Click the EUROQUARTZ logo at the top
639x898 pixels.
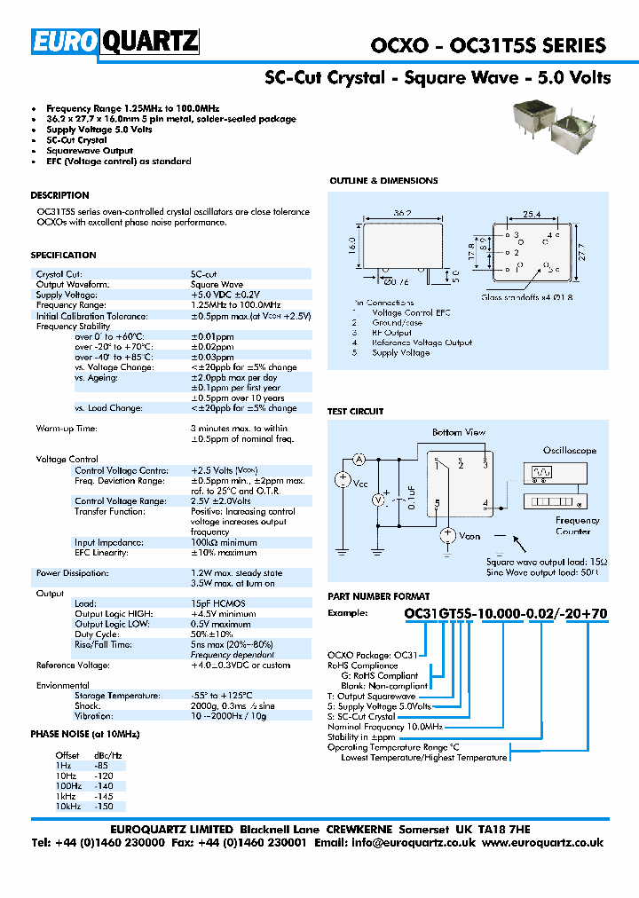point(114,43)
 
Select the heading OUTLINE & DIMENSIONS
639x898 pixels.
point(383,181)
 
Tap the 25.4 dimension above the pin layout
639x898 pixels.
point(531,215)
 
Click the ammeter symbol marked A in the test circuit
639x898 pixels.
point(359,459)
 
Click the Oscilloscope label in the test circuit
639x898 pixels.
point(570,451)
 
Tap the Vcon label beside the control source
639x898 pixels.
point(469,537)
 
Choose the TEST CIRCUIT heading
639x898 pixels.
point(356,412)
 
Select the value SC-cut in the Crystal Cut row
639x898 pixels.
point(204,274)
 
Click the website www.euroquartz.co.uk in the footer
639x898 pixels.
point(542,843)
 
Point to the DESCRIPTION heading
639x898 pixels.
point(59,195)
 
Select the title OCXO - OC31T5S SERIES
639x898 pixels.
point(487,45)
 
